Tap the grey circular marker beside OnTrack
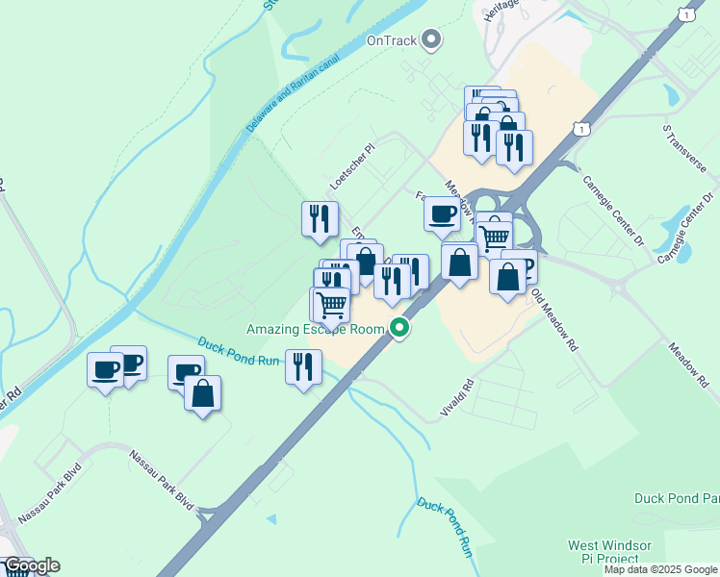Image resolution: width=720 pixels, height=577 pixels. (x=432, y=39)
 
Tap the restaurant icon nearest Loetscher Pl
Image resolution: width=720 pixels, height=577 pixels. (x=320, y=217)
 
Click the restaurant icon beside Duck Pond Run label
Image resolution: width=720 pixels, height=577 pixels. (x=303, y=365)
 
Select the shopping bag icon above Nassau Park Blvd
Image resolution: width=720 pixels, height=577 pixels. (x=203, y=392)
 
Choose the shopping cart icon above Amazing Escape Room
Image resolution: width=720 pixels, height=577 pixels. (x=331, y=304)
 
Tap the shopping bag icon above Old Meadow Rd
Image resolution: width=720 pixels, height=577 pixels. (x=507, y=276)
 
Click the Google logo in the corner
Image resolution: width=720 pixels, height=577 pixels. (x=31, y=565)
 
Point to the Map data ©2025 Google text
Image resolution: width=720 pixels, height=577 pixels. (x=660, y=570)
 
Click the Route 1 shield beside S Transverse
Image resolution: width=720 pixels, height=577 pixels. (x=579, y=128)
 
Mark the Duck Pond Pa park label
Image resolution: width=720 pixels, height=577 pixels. (x=677, y=498)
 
